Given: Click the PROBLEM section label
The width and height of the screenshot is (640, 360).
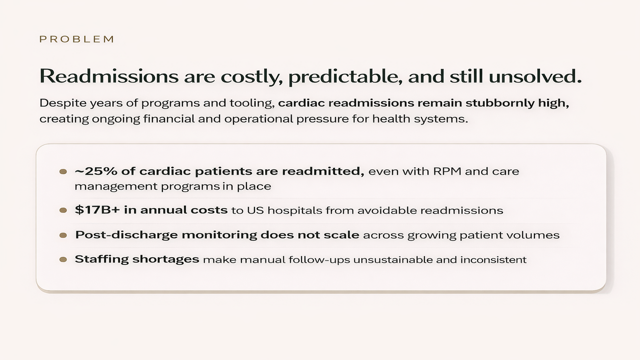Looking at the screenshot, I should (77, 39).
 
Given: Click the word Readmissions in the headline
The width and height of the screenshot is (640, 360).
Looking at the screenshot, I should (108, 76).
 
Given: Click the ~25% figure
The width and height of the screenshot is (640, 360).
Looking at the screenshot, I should (94, 171).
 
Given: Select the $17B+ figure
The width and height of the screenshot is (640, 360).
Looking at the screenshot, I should (96, 210).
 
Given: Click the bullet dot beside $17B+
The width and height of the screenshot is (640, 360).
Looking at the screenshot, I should (63, 210).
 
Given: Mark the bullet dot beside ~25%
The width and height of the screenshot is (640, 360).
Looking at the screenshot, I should (63, 171).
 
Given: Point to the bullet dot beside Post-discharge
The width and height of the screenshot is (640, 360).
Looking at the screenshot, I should (63, 235).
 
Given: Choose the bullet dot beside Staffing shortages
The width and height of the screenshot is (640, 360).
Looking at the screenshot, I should (63, 259).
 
